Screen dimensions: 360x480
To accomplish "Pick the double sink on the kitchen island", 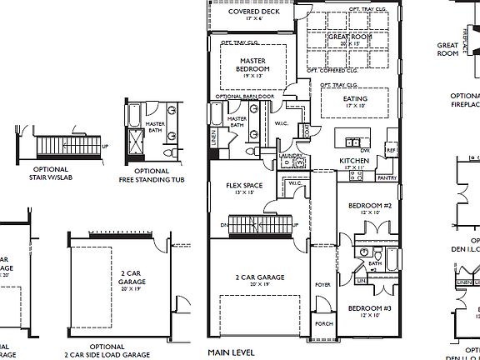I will click(352, 140).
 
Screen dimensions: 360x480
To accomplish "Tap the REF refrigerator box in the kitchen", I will click(390, 150).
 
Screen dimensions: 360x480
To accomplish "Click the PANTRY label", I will click(387, 177).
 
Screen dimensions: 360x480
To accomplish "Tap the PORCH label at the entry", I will click(322, 325).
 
